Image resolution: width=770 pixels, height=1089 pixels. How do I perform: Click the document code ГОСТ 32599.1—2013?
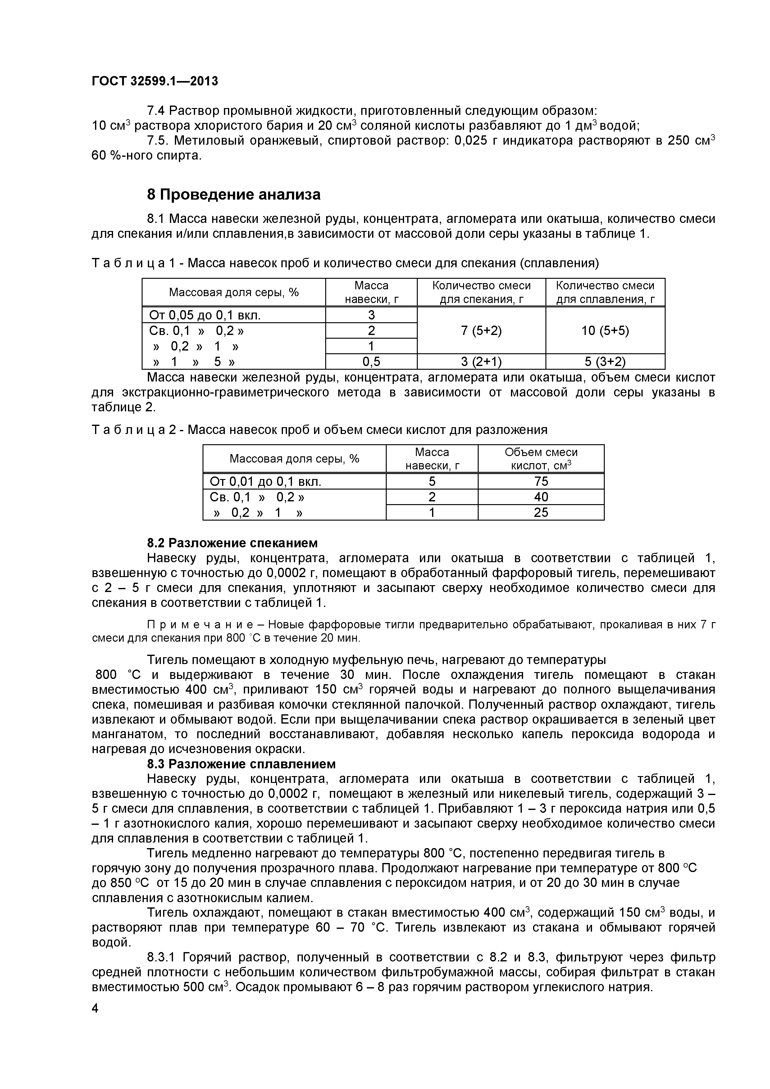155,81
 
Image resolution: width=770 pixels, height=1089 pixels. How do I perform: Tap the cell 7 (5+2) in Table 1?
481,331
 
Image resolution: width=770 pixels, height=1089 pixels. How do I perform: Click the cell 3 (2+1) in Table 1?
481,362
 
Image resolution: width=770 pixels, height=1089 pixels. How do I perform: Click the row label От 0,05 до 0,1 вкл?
205,315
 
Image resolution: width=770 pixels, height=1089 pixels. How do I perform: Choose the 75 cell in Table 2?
541,481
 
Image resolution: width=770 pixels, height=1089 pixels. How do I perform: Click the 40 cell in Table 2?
541,497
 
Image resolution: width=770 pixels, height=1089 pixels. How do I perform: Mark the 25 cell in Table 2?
541,512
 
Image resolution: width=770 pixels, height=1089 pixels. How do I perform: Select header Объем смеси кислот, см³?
541,459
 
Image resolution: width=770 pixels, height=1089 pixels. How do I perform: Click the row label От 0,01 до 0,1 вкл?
265,482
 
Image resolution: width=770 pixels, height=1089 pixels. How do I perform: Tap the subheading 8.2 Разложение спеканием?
232,543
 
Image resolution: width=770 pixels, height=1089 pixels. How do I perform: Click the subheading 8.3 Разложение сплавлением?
241,764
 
